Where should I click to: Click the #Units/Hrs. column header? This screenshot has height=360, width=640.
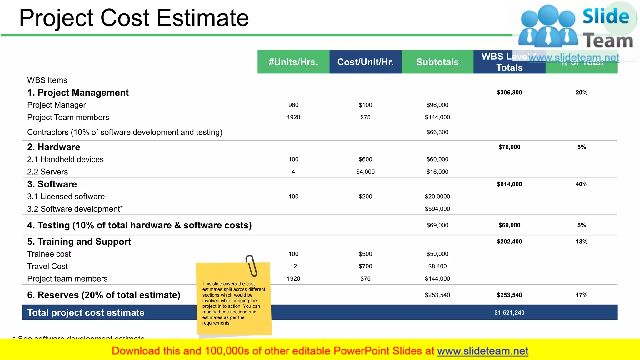(293, 62)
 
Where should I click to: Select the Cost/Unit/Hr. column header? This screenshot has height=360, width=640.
(365, 62)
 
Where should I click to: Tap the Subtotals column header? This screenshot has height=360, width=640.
(437, 62)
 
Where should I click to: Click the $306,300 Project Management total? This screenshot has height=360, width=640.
(509, 92)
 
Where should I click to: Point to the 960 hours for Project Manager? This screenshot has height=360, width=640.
(293, 105)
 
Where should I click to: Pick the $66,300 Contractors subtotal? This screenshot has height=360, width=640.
(437, 132)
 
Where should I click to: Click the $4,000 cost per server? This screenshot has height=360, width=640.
(365, 172)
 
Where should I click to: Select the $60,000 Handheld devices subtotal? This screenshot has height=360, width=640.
(437, 159)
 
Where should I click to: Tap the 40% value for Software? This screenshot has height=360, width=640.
(581, 184)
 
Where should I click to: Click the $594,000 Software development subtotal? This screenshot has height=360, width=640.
(437, 209)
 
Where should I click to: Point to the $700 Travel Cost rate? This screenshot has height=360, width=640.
(365, 267)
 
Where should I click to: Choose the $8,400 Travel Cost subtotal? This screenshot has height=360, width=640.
(437, 267)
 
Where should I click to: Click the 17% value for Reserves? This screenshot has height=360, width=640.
(581, 295)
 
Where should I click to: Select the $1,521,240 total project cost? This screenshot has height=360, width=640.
(509, 313)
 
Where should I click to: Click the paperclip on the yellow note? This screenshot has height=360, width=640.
(251, 266)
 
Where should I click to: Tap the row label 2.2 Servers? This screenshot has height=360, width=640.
(47, 172)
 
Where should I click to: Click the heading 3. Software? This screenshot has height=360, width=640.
(52, 184)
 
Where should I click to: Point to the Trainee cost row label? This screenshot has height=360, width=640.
(49, 254)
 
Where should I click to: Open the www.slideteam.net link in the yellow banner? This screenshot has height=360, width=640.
(482, 351)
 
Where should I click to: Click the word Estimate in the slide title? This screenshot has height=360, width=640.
(202, 18)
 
